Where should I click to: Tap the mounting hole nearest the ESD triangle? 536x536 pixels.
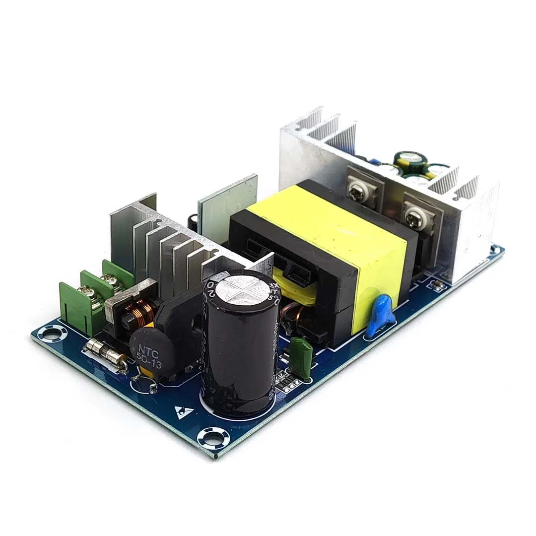tap(213, 438)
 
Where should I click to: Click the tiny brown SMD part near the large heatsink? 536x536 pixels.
tap(438, 284)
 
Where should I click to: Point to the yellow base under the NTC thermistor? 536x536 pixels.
tap(145, 370)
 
